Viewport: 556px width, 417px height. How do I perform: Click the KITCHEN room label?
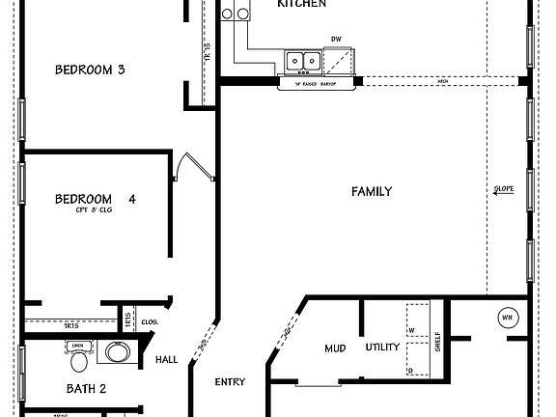[x=301, y=5]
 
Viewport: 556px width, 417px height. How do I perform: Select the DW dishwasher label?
[x=336, y=40]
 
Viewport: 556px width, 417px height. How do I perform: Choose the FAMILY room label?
[x=371, y=192]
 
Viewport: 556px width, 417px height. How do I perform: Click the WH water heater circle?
[x=507, y=317]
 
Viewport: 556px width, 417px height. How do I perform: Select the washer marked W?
[x=412, y=329]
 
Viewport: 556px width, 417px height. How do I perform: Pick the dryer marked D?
[x=412, y=370]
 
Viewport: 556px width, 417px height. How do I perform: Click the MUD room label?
[x=335, y=347]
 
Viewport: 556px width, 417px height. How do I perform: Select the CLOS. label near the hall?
[x=150, y=321]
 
